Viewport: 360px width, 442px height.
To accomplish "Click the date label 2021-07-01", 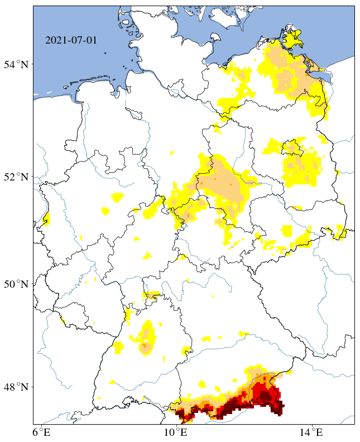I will pyautogui.click(x=71, y=41).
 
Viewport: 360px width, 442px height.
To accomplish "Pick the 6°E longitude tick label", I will pyautogui.click(x=41, y=432).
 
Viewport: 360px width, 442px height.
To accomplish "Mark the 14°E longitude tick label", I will pyautogui.click(x=313, y=432).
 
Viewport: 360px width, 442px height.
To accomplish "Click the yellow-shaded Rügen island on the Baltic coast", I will pyautogui.click(x=291, y=39).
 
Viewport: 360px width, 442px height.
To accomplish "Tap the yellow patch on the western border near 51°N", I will pyautogui.click(x=46, y=218).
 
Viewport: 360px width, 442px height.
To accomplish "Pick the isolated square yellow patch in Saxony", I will pyautogui.click(x=287, y=231).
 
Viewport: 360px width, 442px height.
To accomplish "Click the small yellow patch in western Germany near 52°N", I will pyautogui.click(x=117, y=197).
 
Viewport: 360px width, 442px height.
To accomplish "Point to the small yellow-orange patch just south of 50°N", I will pyautogui.click(x=152, y=295).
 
